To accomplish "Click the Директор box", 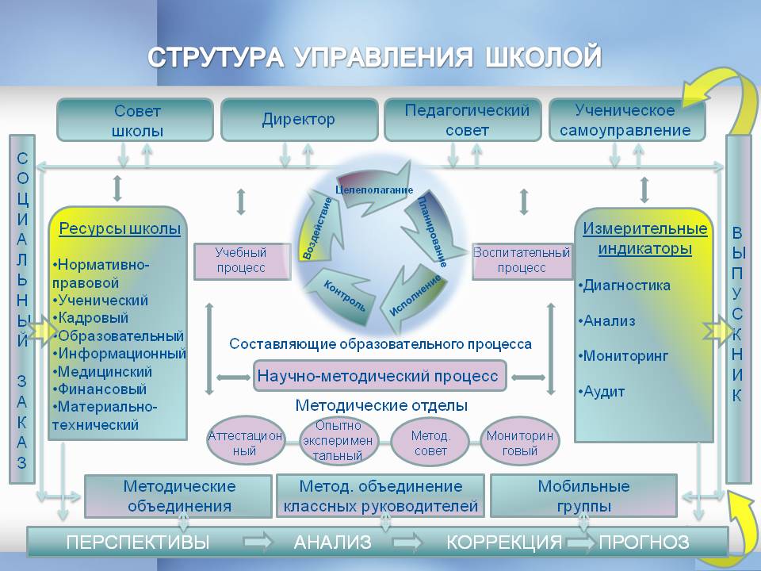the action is click(299, 120).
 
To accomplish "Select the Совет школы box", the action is click(136, 120).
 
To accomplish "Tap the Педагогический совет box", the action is click(462, 120).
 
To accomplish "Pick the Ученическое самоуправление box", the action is click(626, 120).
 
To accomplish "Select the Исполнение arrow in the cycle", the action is click(415, 296).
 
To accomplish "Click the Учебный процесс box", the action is click(243, 261).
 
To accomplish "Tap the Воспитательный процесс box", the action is click(522, 261).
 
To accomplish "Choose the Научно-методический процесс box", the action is click(380, 376).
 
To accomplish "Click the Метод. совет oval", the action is click(430, 442).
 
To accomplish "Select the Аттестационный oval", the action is click(245, 442).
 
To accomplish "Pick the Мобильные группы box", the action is click(584, 496).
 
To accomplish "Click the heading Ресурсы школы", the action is click(120, 228).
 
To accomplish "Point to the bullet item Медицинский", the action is click(102, 371).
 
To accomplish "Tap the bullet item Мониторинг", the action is click(623, 356).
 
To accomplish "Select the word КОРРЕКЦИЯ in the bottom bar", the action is click(504, 542).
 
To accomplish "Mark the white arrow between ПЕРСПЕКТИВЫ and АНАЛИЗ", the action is click(258, 542).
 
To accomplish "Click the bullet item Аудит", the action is click(602, 391).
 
